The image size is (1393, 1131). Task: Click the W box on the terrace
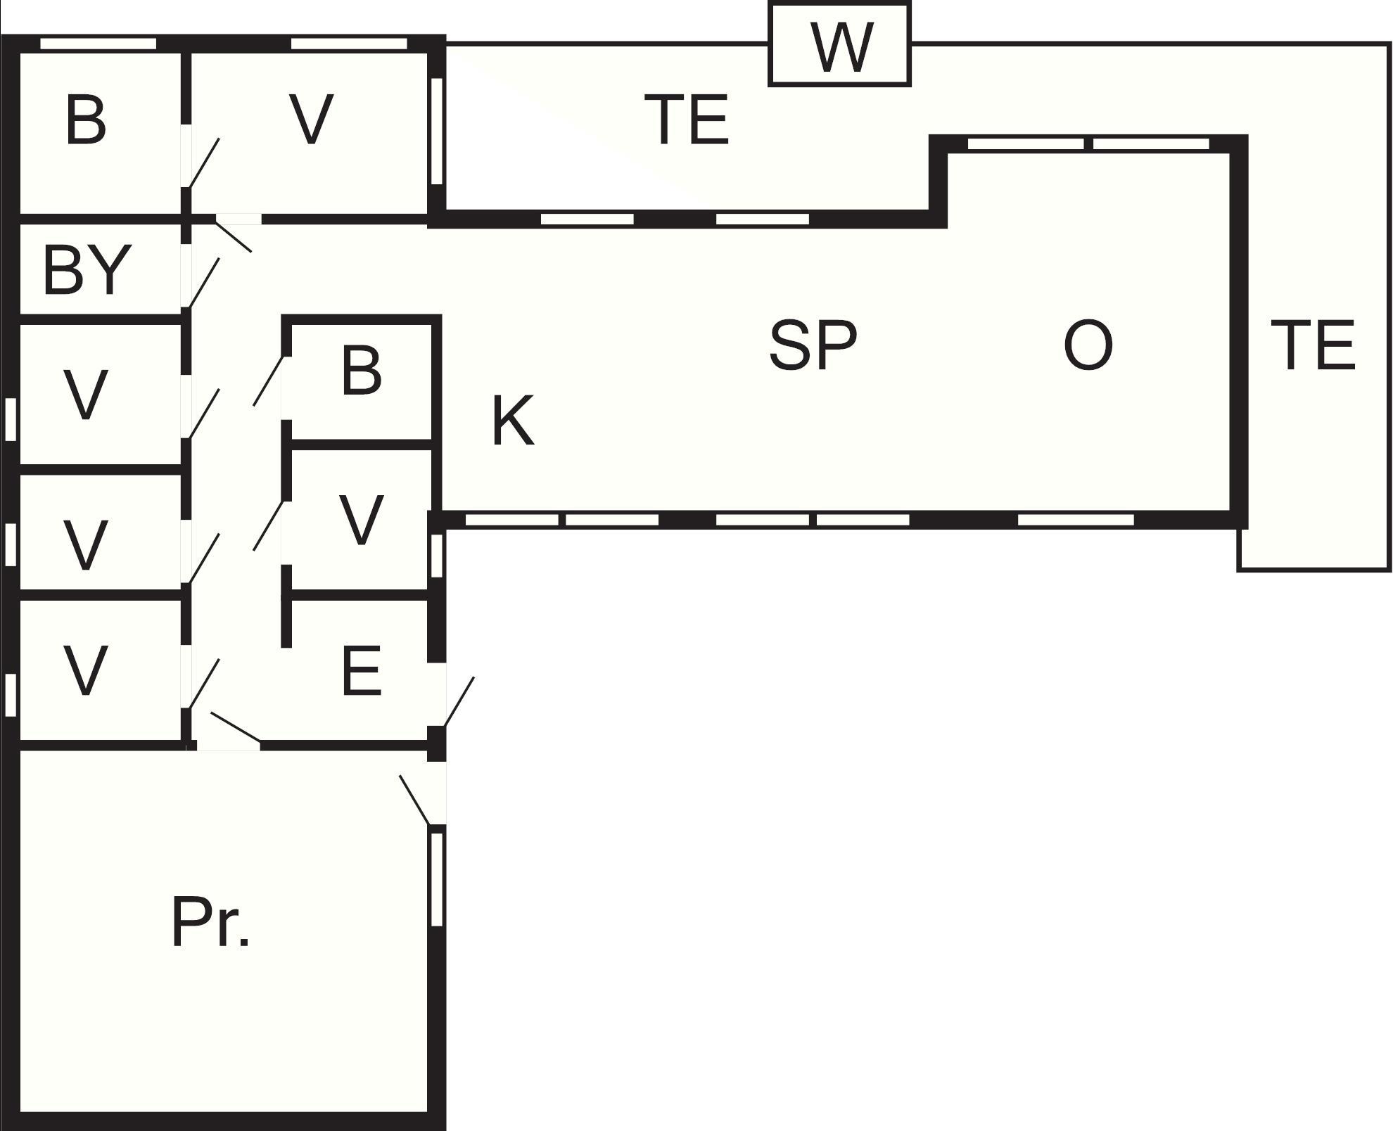tap(839, 44)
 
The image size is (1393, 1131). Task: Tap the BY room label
tap(87, 269)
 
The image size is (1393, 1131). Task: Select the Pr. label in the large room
tap(210, 922)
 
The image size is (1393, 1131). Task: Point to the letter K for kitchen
tap(512, 421)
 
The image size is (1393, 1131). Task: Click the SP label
tap(813, 345)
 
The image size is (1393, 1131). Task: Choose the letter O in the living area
tap(1088, 345)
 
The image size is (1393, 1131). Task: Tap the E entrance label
tap(361, 672)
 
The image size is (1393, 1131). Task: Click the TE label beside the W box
tap(686, 120)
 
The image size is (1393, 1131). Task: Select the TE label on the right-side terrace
tap(1313, 345)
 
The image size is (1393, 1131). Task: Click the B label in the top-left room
tap(85, 120)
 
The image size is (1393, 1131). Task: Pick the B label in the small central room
tap(361, 370)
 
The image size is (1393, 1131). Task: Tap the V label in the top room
tap(311, 120)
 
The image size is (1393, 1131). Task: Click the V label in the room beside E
tap(361, 520)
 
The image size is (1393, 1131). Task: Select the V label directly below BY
tap(86, 395)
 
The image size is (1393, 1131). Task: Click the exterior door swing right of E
tap(458, 702)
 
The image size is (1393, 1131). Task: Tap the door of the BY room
tap(204, 283)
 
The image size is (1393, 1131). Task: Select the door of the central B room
tap(269, 381)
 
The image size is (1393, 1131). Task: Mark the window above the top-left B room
tap(98, 44)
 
